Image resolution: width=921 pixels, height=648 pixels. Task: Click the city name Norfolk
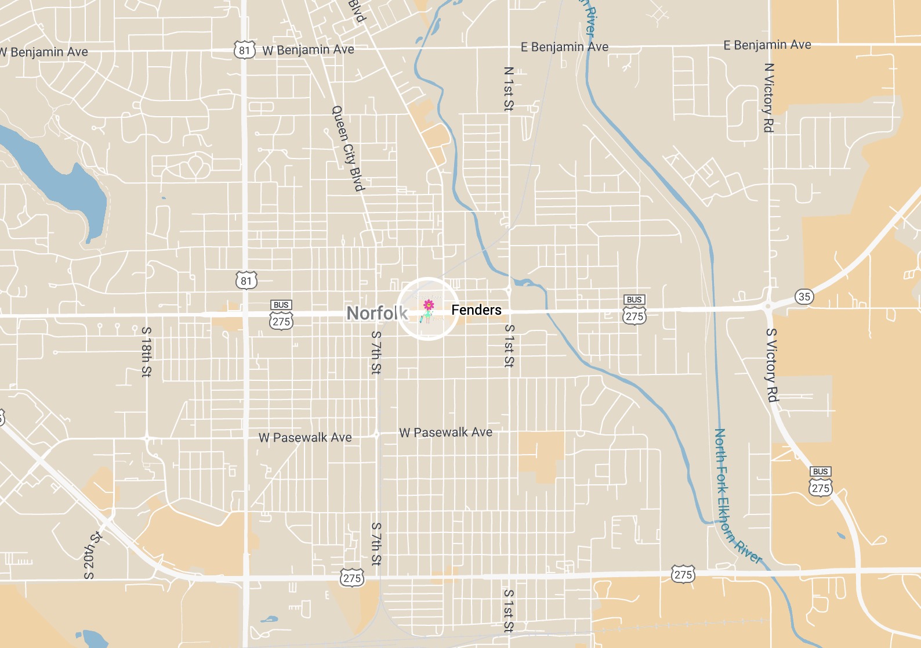tap(377, 313)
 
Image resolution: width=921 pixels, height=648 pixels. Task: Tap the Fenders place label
tap(476, 310)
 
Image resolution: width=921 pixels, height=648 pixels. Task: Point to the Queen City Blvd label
tap(347, 149)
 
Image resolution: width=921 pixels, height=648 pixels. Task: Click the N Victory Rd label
tap(769, 98)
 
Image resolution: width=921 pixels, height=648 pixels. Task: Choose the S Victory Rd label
tap(771, 365)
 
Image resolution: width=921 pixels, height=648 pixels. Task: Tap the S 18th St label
tap(146, 351)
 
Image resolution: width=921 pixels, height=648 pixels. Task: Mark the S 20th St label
tap(93, 555)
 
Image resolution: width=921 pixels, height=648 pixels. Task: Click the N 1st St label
tap(509, 88)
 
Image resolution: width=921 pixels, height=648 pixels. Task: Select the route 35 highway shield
tap(804, 297)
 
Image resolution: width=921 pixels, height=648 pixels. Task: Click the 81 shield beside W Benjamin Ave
tap(244, 50)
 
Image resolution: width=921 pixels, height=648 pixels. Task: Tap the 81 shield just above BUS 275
tap(246, 281)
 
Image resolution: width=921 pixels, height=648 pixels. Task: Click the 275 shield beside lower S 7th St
tap(352, 578)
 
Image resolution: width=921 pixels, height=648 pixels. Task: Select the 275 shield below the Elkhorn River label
tap(683, 574)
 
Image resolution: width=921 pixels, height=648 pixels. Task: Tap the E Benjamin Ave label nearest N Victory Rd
tap(767, 45)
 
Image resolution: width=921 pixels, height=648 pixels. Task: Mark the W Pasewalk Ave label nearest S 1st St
tap(445, 432)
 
